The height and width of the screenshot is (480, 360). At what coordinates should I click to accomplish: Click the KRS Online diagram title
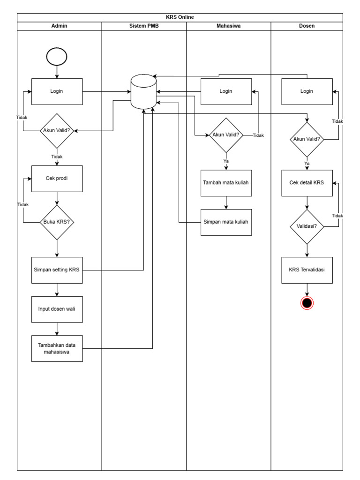tap(180, 17)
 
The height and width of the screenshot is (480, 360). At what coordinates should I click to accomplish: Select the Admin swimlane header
tap(59, 26)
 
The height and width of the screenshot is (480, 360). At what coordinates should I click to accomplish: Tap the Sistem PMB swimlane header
tap(144, 26)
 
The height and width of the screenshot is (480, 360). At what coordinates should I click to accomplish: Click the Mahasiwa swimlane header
tap(228, 26)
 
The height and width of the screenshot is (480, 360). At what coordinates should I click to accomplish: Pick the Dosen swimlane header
tap(307, 26)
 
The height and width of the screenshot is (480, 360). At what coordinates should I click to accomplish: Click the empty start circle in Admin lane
tap(57, 57)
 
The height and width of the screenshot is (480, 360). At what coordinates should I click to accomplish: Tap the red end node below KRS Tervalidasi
tap(307, 303)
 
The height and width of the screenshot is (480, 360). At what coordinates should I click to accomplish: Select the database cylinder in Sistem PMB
tap(143, 91)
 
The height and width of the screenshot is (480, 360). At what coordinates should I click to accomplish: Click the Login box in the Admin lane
tap(57, 91)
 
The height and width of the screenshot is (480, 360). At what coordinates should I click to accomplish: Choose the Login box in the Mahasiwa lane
tap(226, 91)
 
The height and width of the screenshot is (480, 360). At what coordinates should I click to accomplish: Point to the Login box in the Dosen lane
tap(307, 91)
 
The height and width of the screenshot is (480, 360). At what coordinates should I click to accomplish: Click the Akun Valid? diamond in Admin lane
tap(57, 131)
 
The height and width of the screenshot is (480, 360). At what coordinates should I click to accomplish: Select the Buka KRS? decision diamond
tap(57, 223)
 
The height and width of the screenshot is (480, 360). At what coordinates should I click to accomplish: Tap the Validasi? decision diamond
tap(307, 226)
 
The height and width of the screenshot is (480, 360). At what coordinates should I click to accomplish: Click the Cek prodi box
tap(57, 179)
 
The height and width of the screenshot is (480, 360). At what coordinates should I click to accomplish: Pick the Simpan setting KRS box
tap(57, 270)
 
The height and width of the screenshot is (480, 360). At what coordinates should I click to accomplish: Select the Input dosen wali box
tap(57, 309)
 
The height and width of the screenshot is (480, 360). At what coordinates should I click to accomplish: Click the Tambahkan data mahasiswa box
tap(57, 349)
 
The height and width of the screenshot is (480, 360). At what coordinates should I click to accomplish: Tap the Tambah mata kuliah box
tap(226, 183)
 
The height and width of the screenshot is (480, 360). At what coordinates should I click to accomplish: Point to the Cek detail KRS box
tap(307, 183)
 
